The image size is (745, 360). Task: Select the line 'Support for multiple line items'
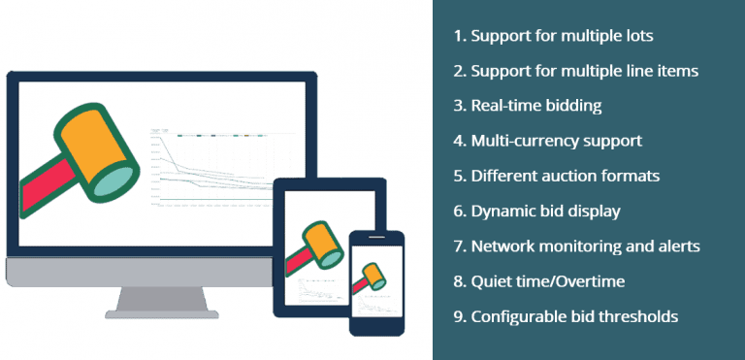coord(574,71)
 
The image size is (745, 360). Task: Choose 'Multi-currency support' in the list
coord(547,141)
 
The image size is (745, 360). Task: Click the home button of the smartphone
coord(375,329)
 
